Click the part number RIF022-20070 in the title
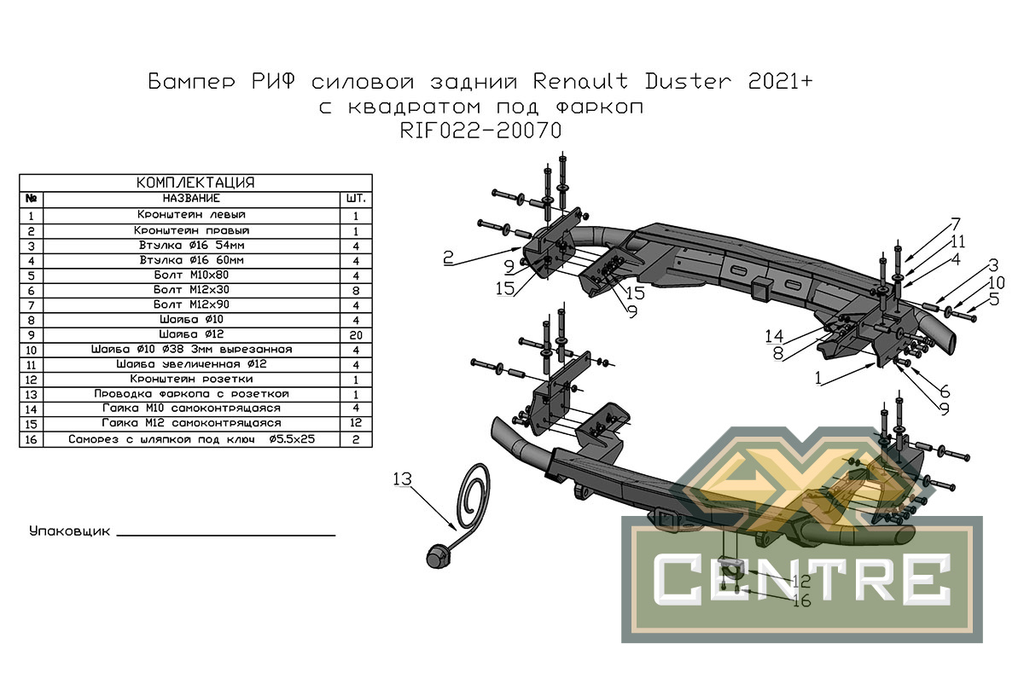coord(480,130)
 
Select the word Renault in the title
coord(580,81)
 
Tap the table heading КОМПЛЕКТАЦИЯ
coord(195,183)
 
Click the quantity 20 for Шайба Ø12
coord(356,335)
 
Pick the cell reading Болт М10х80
coord(191,275)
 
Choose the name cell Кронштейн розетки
coord(191,380)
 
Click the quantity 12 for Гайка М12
coord(356,423)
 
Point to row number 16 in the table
coord(31,439)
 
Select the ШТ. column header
coord(356,199)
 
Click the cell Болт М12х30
coord(191,290)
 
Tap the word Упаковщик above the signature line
coord(69,531)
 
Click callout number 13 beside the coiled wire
coord(402,478)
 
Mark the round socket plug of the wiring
coord(439,557)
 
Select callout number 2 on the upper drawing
coord(448,258)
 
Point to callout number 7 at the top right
coord(956,224)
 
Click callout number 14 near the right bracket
coord(775,336)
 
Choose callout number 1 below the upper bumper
coord(817,378)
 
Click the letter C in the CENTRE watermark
coord(677,579)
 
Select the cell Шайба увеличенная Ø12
coord(191,364)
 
